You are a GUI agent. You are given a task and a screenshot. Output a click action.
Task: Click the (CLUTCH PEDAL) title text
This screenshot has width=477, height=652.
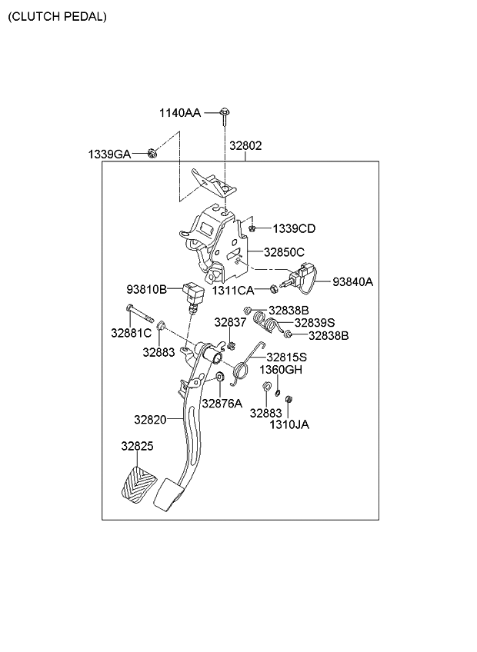[x=58, y=16]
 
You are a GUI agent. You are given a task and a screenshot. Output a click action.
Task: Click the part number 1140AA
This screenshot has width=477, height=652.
[x=180, y=113]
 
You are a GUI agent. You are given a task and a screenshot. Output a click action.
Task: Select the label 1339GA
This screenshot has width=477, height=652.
[x=108, y=155]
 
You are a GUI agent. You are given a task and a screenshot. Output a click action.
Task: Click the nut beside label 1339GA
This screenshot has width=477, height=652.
[x=152, y=153]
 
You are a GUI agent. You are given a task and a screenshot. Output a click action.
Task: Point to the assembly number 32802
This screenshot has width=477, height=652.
[x=245, y=145]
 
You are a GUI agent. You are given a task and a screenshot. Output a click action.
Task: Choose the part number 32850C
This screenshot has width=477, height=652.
[x=284, y=251]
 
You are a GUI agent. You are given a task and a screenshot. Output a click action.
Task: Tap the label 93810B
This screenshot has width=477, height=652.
[x=147, y=290]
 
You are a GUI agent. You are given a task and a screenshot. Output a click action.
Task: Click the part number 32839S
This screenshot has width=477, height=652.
[x=315, y=323]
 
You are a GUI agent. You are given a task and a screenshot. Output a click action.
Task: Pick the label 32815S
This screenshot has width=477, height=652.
[x=286, y=357]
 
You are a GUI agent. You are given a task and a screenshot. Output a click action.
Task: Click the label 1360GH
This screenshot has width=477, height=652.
[x=282, y=369]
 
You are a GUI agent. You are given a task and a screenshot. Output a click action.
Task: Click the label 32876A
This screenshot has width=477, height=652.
[x=222, y=403]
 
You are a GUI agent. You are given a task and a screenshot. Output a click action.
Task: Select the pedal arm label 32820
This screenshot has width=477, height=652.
[x=150, y=420]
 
